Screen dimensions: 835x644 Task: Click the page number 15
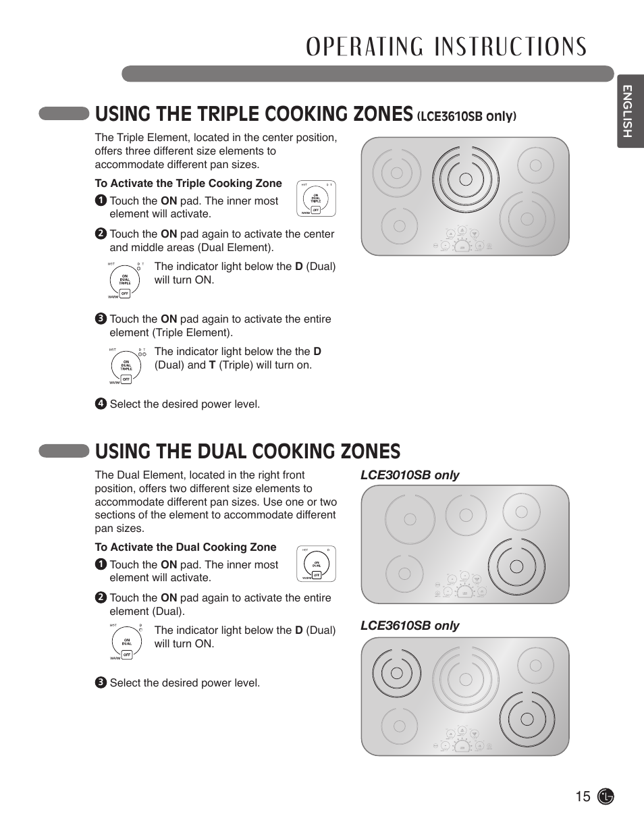(583, 797)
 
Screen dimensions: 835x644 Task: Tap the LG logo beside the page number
(606, 797)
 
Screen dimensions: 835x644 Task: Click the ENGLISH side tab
(628, 112)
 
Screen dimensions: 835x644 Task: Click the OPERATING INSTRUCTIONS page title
(446, 47)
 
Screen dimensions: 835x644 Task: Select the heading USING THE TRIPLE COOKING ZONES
(254, 113)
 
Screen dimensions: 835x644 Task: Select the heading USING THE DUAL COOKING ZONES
(248, 451)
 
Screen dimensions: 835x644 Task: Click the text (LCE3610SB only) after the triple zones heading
(466, 116)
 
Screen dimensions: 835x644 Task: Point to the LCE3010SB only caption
(410, 475)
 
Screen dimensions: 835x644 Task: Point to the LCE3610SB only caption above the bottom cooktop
(410, 626)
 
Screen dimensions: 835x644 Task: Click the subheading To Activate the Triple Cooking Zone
(188, 184)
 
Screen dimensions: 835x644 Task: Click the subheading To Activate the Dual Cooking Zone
(186, 547)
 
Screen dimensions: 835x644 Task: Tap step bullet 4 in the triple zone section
(101, 404)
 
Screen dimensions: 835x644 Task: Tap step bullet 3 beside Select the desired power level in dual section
(101, 682)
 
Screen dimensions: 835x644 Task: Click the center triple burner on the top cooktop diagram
(465, 179)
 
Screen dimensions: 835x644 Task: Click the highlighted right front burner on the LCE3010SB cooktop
(516, 566)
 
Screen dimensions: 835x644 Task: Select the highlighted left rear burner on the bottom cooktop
(397, 673)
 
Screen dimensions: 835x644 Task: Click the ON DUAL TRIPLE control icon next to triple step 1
(316, 198)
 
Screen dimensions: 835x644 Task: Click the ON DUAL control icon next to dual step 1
(316, 564)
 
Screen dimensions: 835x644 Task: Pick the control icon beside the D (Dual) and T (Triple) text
(126, 366)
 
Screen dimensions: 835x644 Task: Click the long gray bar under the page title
(367, 74)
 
